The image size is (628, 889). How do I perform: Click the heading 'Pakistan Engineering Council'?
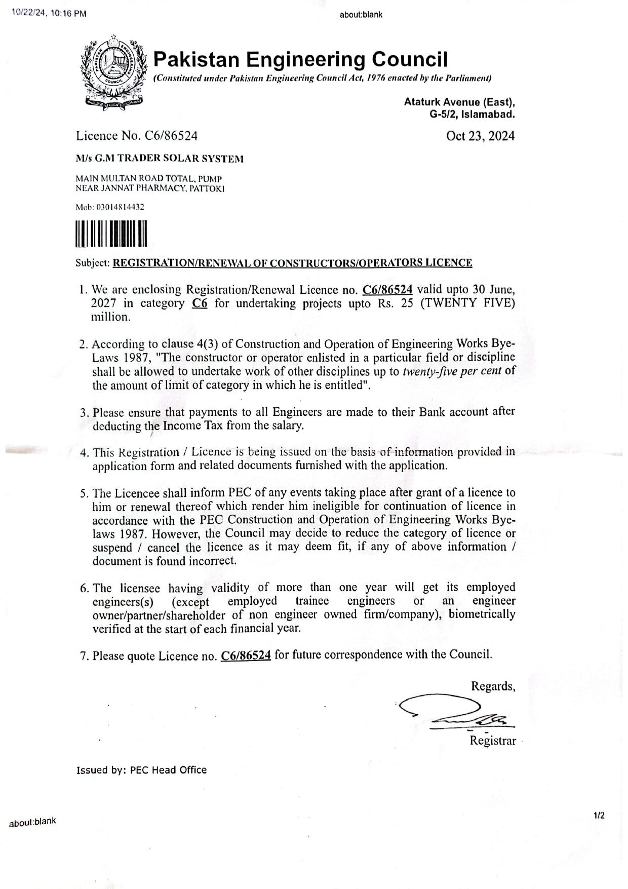[300, 59]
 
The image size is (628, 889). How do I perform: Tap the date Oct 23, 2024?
[480, 136]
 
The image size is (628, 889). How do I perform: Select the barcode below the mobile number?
[111, 234]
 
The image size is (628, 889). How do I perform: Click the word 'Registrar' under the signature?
[492, 741]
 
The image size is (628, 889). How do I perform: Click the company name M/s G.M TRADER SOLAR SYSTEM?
[160, 159]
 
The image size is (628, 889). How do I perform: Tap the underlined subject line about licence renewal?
[292, 263]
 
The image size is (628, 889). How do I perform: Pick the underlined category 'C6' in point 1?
[200, 303]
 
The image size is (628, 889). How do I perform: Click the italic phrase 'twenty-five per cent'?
[452, 371]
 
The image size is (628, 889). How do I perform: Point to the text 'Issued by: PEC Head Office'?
[141, 770]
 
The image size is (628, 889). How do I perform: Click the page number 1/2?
[599, 816]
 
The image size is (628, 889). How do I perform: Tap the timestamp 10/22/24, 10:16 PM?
[49, 14]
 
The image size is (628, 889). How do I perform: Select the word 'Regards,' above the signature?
[493, 686]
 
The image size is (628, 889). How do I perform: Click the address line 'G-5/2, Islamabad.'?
[472, 114]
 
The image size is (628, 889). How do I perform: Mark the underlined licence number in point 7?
[246, 656]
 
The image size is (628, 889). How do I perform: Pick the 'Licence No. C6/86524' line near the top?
[137, 136]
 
